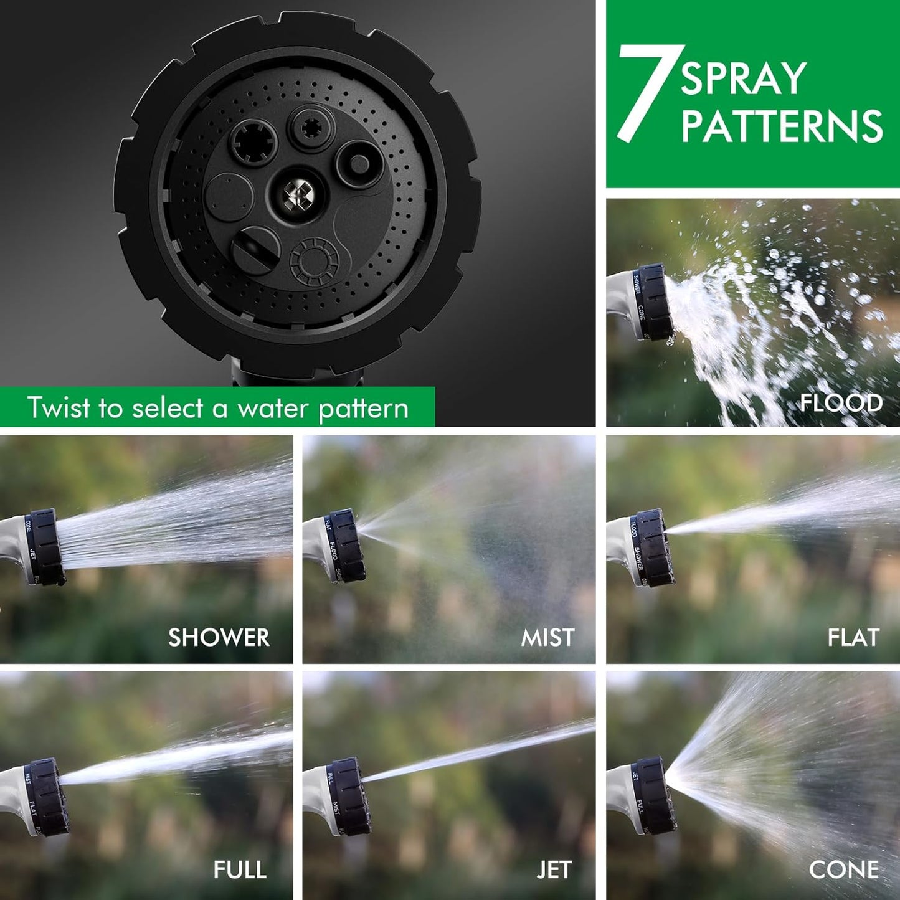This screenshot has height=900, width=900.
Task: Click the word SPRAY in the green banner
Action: pyautogui.click(x=744, y=79)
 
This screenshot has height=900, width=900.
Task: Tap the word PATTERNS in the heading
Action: pyautogui.click(x=782, y=126)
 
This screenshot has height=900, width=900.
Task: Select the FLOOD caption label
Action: pyautogui.click(x=841, y=403)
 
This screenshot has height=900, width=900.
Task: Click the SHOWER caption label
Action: pyautogui.click(x=219, y=637)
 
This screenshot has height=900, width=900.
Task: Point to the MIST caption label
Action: pyautogui.click(x=547, y=637)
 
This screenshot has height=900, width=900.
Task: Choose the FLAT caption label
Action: pyautogui.click(x=853, y=637)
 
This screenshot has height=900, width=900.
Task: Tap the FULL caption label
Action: pyautogui.click(x=240, y=869)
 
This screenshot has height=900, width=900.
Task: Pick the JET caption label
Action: pyautogui.click(x=554, y=869)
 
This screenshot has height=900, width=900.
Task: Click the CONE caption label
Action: pyautogui.click(x=844, y=869)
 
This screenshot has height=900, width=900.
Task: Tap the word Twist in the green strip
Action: pyautogui.click(x=59, y=408)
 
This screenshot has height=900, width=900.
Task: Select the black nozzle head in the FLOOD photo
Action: pyautogui.click(x=654, y=302)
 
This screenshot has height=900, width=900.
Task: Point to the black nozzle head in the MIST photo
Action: pyautogui.click(x=346, y=546)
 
